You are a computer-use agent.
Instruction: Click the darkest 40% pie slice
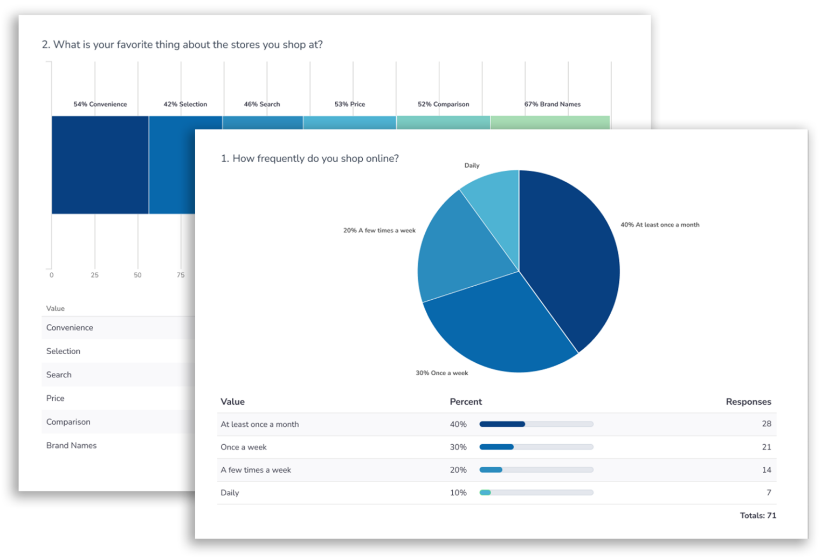(571, 259)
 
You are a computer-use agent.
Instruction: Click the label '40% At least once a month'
(659, 225)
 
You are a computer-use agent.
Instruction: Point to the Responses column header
(748, 402)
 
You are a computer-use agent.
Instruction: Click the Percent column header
(465, 402)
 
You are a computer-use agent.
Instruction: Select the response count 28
(766, 424)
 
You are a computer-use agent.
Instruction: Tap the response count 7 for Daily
(768, 493)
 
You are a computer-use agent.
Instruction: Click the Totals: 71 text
(757, 516)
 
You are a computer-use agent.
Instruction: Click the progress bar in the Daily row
(536, 493)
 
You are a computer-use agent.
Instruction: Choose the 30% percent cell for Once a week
(458, 447)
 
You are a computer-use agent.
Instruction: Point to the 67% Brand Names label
(552, 104)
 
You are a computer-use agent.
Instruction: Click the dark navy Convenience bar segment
(100, 164)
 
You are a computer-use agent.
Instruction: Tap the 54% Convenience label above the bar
(100, 104)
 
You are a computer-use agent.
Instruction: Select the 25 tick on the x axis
(95, 275)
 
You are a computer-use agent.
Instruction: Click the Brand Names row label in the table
(71, 445)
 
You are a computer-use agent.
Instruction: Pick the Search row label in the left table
(59, 375)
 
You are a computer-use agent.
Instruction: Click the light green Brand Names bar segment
(550, 122)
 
